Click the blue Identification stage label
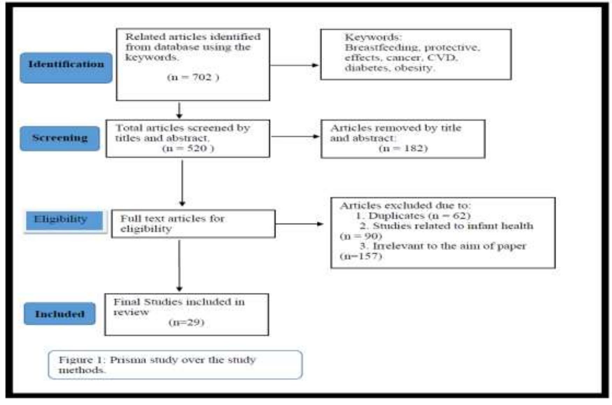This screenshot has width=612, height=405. tap(66, 67)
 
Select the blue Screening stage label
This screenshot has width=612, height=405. tap(60, 138)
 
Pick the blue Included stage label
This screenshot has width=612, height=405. tap(59, 314)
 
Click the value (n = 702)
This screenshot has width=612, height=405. tap(193, 77)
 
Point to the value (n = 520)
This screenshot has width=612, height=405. tap(188, 148)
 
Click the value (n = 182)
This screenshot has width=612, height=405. tap(403, 148)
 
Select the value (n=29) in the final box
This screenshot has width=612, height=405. tap(186, 322)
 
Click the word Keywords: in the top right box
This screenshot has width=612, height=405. tap(373, 37)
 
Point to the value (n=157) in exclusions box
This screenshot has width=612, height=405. tap(361, 256)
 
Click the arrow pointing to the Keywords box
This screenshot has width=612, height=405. tap(294, 65)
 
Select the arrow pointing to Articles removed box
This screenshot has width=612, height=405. tap(295, 136)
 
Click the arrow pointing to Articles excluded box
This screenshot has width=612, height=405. tap(299, 224)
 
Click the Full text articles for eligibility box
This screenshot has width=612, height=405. tap(193, 224)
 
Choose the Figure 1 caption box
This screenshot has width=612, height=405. tap(175, 364)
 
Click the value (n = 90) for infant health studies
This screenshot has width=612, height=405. tap(361, 236)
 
